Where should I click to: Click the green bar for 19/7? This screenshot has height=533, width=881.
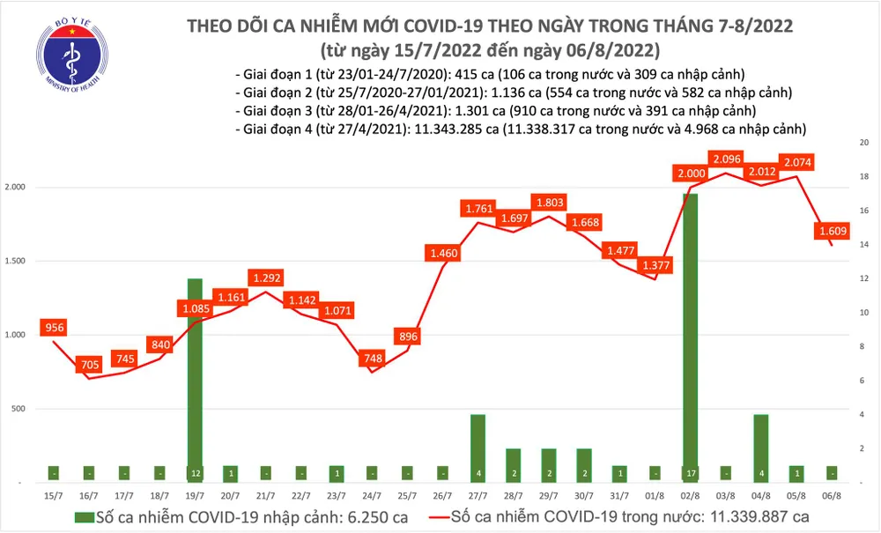click(194, 379)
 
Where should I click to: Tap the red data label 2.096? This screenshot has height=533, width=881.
click(728, 159)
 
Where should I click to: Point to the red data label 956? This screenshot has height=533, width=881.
click(54, 328)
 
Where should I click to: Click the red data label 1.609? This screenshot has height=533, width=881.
click(832, 232)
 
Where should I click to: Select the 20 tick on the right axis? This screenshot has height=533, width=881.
click(864, 142)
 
